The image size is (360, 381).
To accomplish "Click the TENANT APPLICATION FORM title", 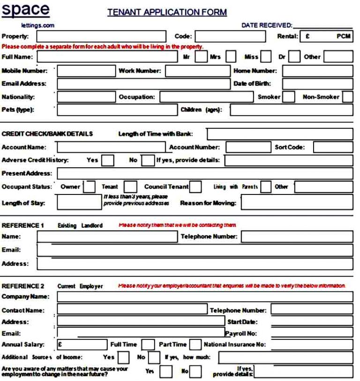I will [167, 13].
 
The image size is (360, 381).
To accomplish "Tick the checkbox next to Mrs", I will [231, 57].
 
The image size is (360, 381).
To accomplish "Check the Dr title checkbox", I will [294, 57].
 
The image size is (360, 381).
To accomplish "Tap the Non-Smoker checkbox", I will [347, 97].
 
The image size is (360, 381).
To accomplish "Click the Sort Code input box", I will [332, 147].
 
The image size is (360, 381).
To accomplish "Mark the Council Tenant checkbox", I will [196, 187].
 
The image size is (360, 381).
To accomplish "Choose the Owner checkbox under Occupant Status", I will [89, 187].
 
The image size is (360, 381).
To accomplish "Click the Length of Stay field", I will [77, 203].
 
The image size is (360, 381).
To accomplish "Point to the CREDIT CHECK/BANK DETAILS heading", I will [47, 134].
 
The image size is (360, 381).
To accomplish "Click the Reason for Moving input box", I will [296, 203].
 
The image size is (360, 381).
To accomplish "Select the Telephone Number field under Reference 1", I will [296, 237].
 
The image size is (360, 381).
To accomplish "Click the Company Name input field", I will [204, 297].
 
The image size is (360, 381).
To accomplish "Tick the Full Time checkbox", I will [148, 345].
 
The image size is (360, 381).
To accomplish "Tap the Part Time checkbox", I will [195, 345].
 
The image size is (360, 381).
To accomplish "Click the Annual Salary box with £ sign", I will [82, 345].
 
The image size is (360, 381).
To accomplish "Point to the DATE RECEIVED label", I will [266, 25].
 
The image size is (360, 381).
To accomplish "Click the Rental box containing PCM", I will [326, 36].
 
